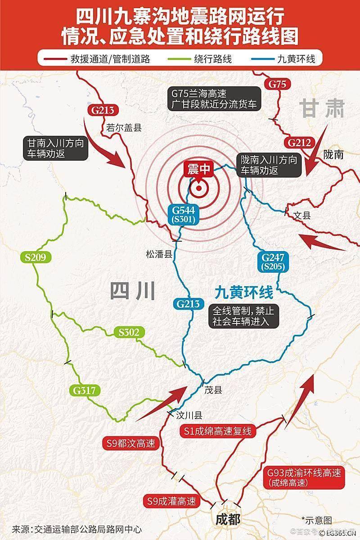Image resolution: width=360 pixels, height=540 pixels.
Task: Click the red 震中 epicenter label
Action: tap(198, 169)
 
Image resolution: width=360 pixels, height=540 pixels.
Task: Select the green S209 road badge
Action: tap(36, 258)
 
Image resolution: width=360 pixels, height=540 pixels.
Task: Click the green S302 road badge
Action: tap(129, 333)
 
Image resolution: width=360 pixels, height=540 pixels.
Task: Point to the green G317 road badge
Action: tap(83, 390)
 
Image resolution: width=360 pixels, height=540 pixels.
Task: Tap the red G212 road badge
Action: tap(299, 143)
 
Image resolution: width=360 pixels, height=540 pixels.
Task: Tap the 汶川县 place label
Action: tap(190, 415)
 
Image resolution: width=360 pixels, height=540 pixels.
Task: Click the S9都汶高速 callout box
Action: tap(131, 444)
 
